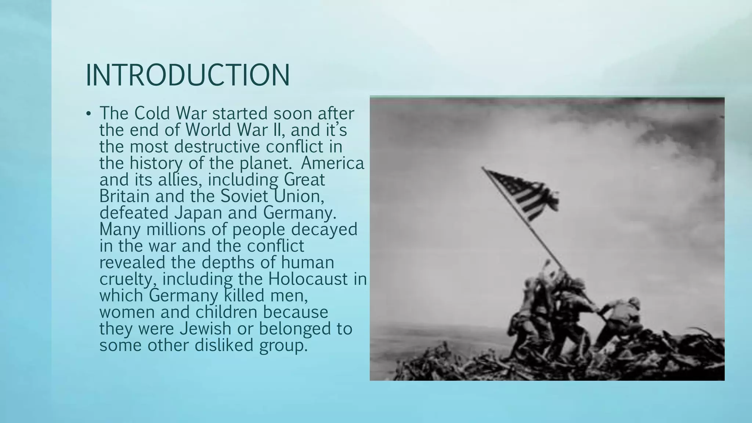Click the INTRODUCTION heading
tap(188, 75)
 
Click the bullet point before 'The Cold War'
tap(88, 114)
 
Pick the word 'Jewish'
tap(205, 329)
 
